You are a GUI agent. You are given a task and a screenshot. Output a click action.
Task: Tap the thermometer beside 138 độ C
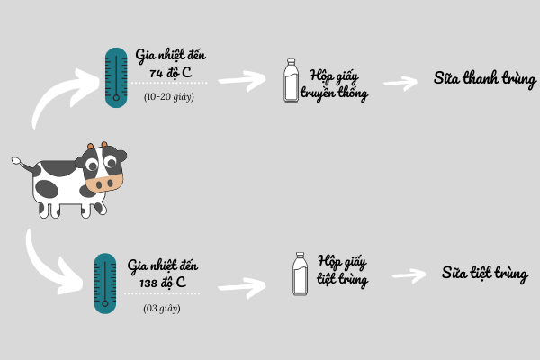pos(107,283)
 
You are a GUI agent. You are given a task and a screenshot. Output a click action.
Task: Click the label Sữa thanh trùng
pos(485,79)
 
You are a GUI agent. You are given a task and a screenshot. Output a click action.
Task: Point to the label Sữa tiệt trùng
pos(484,272)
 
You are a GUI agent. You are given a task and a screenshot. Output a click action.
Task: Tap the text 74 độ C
pos(166,71)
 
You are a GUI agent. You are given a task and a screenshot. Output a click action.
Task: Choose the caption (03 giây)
pos(162,308)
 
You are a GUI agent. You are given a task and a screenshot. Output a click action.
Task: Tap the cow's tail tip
pos(15,162)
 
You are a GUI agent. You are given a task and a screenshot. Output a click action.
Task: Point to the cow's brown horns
pos(103,145)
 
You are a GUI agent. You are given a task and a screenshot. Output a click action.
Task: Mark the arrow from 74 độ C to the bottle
pos(240,83)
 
